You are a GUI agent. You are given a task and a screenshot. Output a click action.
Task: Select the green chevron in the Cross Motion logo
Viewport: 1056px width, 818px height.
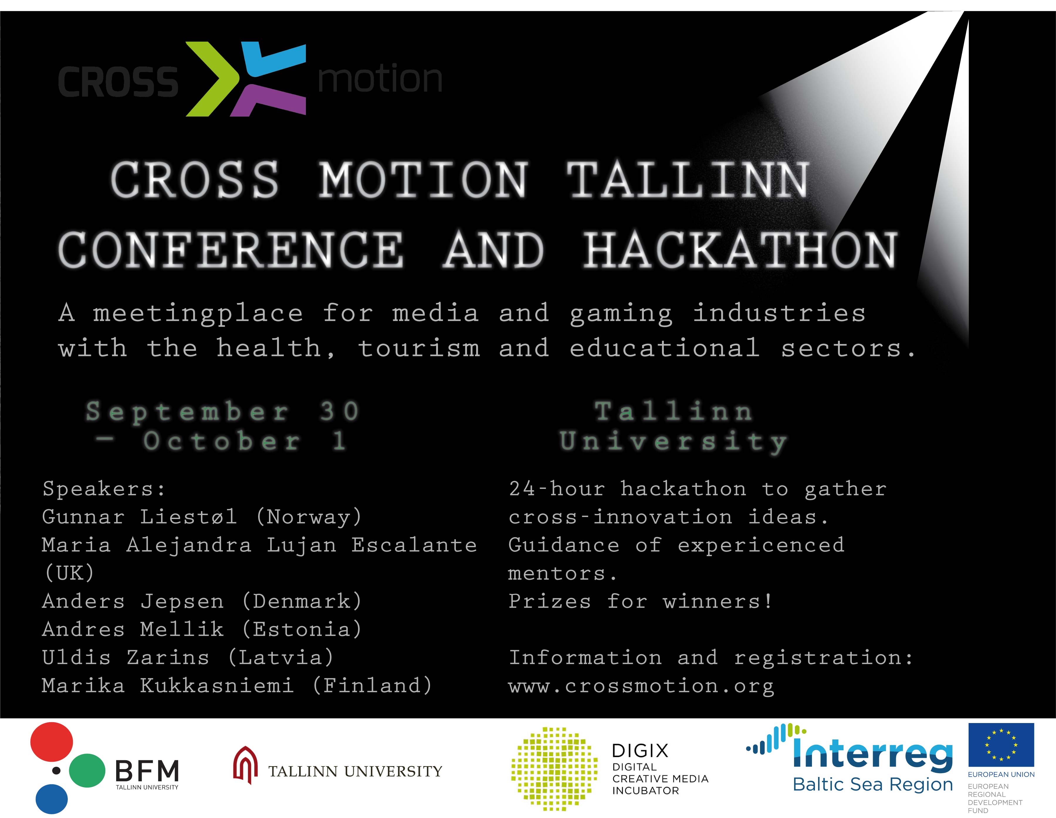[213, 79]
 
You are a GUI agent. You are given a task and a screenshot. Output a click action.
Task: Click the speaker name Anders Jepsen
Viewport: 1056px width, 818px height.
[133, 601]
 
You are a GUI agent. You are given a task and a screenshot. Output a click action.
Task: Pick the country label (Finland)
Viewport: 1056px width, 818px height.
[372, 685]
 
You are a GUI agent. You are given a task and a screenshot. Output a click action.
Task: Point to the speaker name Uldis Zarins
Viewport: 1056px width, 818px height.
[126, 657]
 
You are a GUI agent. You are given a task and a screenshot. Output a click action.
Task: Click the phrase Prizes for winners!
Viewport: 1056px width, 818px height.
[641, 601]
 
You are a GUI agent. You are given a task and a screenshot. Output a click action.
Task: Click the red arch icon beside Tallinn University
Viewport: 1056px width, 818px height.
[245, 765]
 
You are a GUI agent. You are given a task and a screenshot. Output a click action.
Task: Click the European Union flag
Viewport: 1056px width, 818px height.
[1001, 744]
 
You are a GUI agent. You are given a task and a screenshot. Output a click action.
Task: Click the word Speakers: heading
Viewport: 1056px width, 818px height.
[104, 489]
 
